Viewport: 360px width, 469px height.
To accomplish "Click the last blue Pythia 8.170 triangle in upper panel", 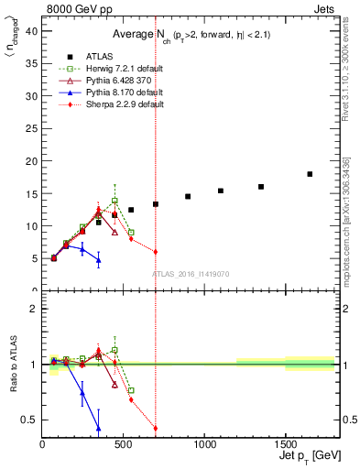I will point(99,260).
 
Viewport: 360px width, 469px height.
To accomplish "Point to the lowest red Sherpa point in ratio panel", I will point(156,428).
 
